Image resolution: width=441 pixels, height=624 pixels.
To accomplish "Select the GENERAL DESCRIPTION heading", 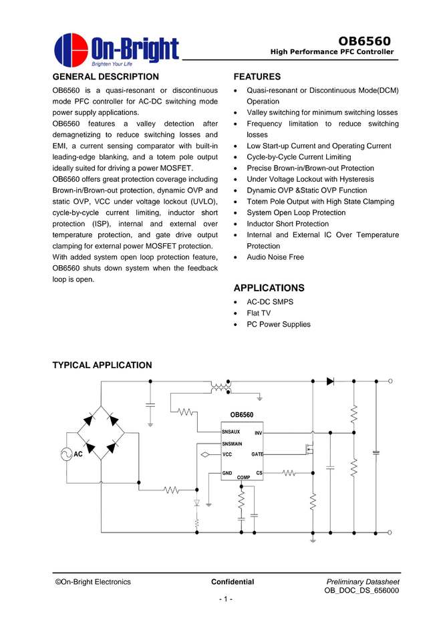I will coord(106,77).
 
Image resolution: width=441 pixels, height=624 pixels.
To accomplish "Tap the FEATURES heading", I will coord(257,77).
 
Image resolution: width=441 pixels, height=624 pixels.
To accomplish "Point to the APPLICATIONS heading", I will coord(269,288).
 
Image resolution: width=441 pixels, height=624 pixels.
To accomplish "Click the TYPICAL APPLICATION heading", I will coord(102,365).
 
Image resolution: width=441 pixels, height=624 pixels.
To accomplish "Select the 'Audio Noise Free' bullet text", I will coord(275,257).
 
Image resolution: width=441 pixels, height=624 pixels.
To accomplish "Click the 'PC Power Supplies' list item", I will coord(279,324).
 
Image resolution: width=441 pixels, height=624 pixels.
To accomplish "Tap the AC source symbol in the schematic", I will coord(67,454).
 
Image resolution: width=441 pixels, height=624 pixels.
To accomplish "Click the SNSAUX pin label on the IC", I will coord(231,432).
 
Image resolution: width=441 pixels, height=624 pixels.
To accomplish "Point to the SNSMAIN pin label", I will coord(233,444).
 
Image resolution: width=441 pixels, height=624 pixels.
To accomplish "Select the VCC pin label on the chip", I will coord(228,454).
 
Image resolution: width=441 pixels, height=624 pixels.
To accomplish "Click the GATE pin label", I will coord(257,454).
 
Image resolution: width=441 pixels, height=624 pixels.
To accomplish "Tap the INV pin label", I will coord(259,434).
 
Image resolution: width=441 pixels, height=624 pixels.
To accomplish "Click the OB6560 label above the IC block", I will coord(242,415).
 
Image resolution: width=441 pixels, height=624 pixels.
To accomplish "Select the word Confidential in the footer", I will coord(233,582).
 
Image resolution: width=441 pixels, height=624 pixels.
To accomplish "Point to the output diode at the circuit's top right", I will coord(330,381).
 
